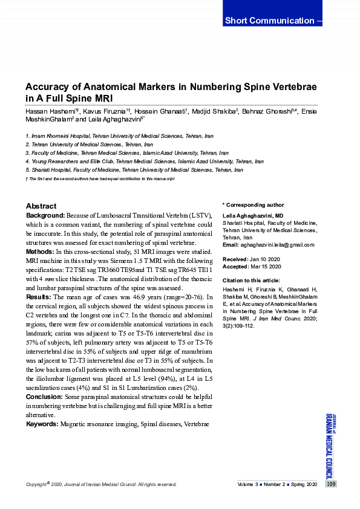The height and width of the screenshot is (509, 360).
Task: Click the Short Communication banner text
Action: pyautogui.click(x=269, y=21)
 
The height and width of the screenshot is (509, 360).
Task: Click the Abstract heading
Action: pyautogui.click(x=41, y=206)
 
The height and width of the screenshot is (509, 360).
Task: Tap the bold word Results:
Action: pyautogui.click(x=39, y=297)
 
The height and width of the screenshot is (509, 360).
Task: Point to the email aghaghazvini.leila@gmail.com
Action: pyautogui.click(x=277, y=245)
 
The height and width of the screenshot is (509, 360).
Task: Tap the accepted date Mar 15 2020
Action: pyautogui.click(x=264, y=266)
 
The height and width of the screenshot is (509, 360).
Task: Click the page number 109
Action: pyautogui.click(x=330, y=484)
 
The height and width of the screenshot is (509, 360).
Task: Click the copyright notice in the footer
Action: pyautogui.click(x=102, y=485)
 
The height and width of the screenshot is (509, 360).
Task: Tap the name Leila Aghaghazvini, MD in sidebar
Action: pyautogui.click(x=253, y=216)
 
